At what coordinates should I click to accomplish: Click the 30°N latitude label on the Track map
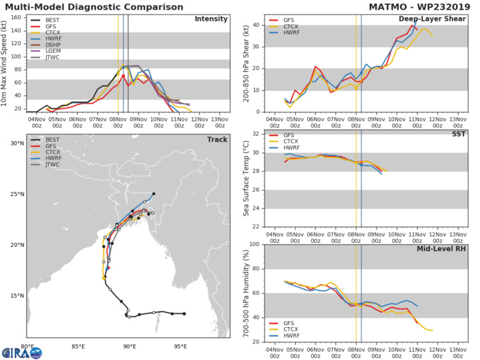pyautogui.click(x=16, y=143)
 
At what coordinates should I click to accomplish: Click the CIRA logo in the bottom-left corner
pyautogui.click(x=21, y=352)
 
